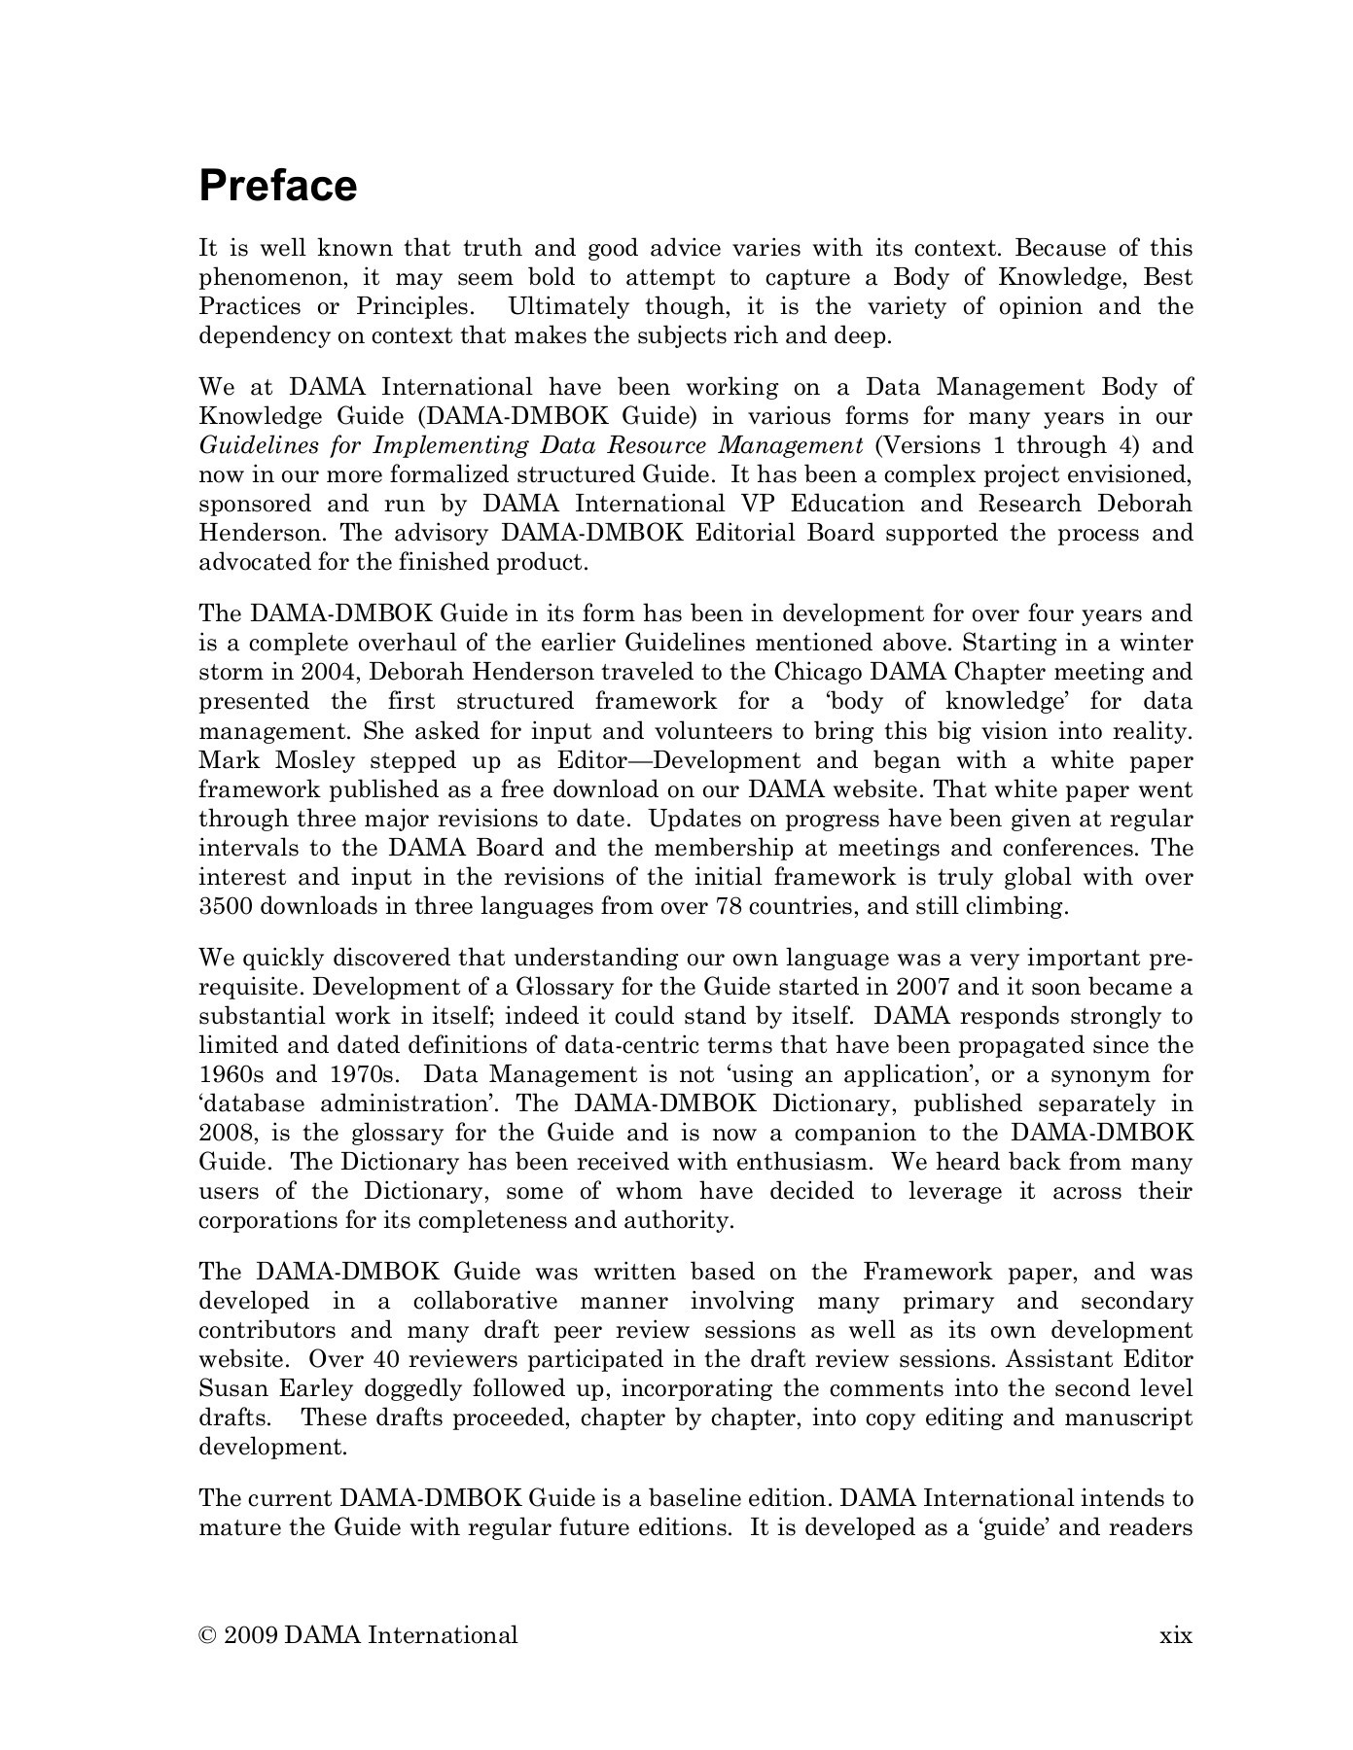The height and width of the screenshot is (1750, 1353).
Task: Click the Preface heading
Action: [278, 186]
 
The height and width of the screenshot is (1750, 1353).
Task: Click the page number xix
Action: [1176, 1635]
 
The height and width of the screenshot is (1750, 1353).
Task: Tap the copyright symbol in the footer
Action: [207, 1635]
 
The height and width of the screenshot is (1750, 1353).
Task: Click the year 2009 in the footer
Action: [251, 1635]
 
